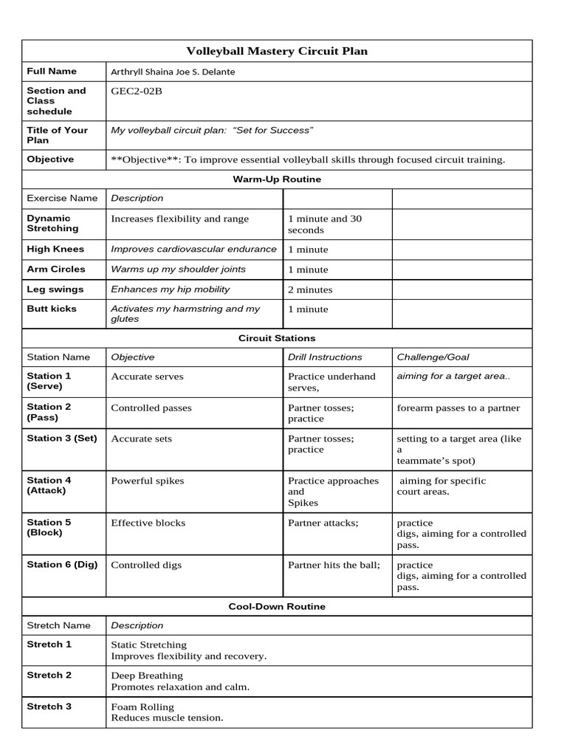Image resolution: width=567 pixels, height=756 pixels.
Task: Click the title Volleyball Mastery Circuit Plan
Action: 277,51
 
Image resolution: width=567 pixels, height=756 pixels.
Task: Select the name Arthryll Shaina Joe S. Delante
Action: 173,72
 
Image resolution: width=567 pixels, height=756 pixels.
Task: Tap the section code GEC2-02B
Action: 136,92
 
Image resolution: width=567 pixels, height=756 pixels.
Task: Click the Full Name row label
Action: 52,72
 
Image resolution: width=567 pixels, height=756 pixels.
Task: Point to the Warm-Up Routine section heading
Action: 277,179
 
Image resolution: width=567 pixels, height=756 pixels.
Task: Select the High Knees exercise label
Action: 55,250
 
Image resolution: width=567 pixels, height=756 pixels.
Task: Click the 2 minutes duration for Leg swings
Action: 310,289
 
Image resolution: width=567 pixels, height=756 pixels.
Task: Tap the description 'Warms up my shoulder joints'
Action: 178,269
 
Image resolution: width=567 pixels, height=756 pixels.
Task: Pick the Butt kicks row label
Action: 52,309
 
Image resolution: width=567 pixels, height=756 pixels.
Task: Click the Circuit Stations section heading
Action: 277,338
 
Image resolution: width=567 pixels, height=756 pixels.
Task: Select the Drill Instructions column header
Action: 325,357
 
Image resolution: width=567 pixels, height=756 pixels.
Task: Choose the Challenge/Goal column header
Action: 433,357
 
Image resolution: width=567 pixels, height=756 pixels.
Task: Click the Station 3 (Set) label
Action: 62,439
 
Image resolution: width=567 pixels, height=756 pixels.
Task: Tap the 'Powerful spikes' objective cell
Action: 148,481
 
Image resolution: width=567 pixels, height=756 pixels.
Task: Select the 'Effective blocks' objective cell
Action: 148,523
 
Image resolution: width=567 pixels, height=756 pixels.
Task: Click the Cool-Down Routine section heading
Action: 277,607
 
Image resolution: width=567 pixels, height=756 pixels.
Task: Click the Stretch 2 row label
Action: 49,676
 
